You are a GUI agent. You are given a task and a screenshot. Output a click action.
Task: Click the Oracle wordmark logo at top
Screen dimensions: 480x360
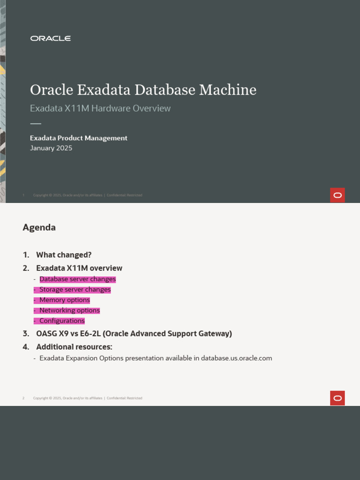point(51,38)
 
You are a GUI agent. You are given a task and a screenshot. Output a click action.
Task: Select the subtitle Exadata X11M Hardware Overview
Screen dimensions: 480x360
point(100,108)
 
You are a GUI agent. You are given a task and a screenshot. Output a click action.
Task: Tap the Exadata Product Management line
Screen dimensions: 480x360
point(79,138)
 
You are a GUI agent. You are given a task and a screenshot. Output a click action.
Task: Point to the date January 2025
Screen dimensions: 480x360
point(51,148)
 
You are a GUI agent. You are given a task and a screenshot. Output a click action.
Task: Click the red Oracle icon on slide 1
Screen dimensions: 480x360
point(337,195)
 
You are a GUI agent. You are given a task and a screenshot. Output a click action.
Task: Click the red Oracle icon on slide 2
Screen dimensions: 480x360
point(337,398)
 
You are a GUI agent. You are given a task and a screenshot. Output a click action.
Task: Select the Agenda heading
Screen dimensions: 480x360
point(39,227)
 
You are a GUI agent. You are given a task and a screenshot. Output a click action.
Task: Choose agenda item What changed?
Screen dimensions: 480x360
point(64,255)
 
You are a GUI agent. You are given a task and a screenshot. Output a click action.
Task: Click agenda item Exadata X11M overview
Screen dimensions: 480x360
point(79,268)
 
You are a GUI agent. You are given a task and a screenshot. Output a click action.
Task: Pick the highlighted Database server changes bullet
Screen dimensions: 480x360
point(77,279)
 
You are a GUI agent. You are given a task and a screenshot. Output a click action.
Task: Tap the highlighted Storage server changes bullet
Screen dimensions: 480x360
point(75,290)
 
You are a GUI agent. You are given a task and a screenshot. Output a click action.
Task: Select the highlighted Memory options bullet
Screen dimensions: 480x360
point(65,300)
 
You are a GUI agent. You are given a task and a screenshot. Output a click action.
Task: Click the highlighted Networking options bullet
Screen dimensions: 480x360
point(69,310)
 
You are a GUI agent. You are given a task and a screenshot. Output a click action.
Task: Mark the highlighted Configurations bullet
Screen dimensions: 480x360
point(62,321)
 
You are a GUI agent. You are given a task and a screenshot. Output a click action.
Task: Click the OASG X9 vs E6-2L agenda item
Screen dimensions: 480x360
point(134,334)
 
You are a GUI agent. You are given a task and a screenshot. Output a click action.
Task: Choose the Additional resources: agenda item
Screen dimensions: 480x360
point(74,347)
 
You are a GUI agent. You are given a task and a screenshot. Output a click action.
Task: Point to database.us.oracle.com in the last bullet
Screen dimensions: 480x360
point(236,358)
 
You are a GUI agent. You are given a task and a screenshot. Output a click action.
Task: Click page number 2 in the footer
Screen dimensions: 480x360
point(23,398)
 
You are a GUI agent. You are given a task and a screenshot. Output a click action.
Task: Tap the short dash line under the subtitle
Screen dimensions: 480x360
point(36,124)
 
